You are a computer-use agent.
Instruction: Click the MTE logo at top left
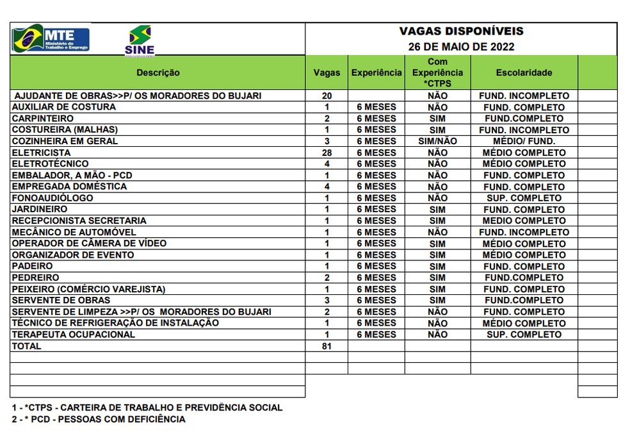click(x=51, y=39)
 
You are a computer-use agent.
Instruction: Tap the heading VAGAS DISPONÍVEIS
click(x=461, y=31)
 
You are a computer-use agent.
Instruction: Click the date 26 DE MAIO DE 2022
click(x=461, y=47)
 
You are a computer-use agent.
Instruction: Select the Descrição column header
click(x=157, y=73)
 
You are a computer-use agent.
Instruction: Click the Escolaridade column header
click(x=524, y=73)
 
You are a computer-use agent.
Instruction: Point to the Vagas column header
click(x=327, y=73)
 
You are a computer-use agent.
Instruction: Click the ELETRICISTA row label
click(x=41, y=153)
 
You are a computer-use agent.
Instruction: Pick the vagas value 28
click(x=327, y=153)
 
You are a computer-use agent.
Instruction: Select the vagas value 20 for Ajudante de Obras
click(x=327, y=96)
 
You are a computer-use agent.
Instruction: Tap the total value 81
click(x=327, y=346)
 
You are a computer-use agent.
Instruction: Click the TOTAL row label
click(x=26, y=346)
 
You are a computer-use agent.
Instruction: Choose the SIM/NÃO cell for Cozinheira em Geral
click(x=437, y=141)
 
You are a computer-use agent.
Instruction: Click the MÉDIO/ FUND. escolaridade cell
click(x=524, y=141)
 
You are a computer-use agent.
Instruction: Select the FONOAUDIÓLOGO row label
click(x=52, y=198)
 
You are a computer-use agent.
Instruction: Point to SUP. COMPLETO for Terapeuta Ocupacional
click(x=524, y=335)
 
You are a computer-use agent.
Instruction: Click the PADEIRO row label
click(x=32, y=266)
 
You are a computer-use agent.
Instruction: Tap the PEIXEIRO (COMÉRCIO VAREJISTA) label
click(x=88, y=289)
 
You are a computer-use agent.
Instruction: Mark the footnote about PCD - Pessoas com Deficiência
click(x=99, y=419)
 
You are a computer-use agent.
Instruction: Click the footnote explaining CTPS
click(x=147, y=407)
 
